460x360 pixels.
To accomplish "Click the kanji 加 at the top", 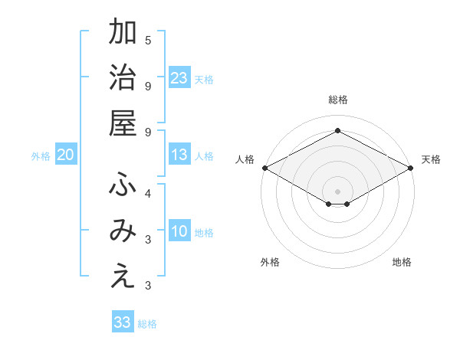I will (x=123, y=34).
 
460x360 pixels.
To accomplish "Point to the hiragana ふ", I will (x=123, y=185).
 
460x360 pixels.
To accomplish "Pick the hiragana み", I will (x=123, y=231).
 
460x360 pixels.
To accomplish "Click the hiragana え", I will (x=123, y=277).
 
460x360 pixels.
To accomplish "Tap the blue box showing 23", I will (x=179, y=77).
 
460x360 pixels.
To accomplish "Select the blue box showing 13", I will (x=179, y=155).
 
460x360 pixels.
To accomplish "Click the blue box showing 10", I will (x=179, y=232).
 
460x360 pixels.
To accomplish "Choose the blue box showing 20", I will (x=65, y=155).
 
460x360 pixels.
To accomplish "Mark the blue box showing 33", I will (x=123, y=322).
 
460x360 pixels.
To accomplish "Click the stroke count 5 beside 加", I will (x=148, y=41).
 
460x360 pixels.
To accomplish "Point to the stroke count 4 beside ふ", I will (x=148, y=194).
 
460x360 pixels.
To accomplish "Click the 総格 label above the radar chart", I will (x=338, y=100).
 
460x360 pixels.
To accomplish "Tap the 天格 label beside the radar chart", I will (x=431, y=159).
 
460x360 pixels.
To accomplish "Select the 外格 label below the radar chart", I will (x=270, y=262).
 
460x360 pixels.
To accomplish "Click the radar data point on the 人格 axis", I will (x=264, y=168).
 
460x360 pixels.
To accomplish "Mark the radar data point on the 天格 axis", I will (x=411, y=168).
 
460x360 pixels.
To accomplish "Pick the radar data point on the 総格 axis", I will (x=338, y=131).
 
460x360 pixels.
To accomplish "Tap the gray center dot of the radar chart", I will (x=338, y=191).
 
